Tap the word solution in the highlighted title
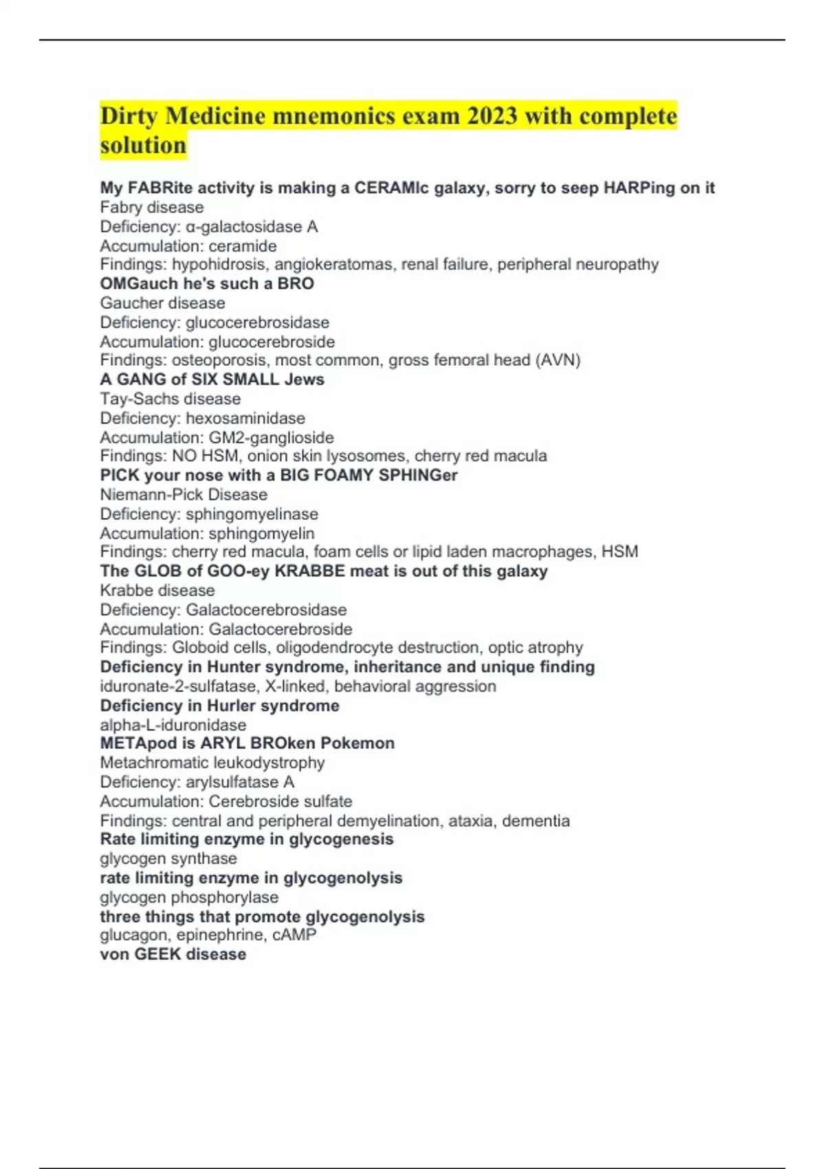(143, 146)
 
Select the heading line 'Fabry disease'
(152, 207)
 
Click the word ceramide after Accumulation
(243, 246)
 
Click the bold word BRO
(296, 283)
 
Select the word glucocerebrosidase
(257, 323)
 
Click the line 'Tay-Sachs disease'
(170, 399)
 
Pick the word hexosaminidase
(245, 418)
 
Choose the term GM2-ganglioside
(271, 437)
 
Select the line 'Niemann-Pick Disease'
(184, 494)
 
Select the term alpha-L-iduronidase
(173, 725)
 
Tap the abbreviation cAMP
(294, 935)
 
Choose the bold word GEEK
(157, 954)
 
